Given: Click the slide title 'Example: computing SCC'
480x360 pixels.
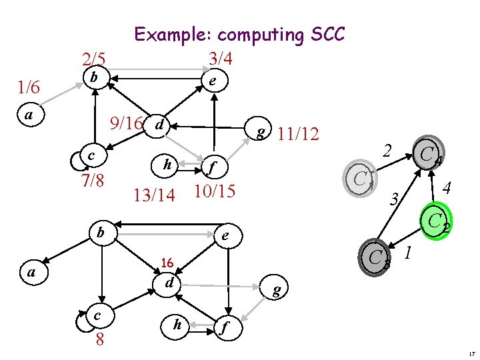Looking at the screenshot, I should (239, 34).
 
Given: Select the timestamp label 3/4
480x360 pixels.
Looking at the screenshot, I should (220, 59).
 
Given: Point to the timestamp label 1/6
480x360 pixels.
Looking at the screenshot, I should (29, 87).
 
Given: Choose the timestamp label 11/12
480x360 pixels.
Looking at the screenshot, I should (298, 134).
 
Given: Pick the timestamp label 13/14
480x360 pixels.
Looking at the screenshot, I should (154, 195).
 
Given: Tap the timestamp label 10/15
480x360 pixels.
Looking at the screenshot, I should (213, 191).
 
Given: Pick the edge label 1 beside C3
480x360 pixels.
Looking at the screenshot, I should (408, 253).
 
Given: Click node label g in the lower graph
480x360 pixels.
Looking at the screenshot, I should (276, 289).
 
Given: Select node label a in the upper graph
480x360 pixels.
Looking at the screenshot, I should (28, 115).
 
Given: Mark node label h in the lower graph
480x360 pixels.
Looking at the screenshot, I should (177, 324).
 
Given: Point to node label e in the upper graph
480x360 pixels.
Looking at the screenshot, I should (212, 81).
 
